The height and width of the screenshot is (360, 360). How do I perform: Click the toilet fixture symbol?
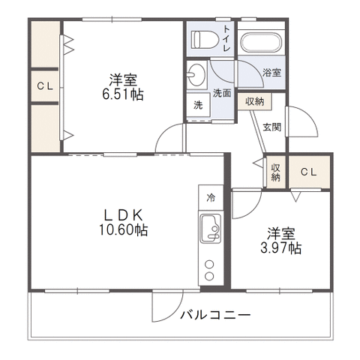(205, 40)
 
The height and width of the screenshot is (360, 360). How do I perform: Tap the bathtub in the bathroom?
(261, 43)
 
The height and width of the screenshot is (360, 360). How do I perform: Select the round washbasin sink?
(196, 74)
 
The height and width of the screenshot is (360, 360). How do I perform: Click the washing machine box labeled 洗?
(198, 105)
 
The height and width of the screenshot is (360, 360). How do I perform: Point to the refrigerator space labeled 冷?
(211, 198)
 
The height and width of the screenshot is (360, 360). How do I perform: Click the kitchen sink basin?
(211, 229)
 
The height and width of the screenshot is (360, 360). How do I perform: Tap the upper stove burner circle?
(209, 264)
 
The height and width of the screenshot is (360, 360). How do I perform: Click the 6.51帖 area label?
(123, 94)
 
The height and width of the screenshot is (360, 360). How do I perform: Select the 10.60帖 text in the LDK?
(124, 229)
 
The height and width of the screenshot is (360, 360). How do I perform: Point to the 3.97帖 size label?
(281, 248)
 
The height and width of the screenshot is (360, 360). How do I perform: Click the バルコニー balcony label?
(215, 315)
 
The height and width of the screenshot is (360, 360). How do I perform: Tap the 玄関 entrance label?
(272, 127)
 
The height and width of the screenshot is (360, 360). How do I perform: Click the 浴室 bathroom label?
(271, 73)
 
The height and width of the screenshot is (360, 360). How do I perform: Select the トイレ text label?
(226, 38)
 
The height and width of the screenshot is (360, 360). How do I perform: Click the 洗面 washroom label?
(222, 93)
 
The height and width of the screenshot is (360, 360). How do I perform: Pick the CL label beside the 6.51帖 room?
(45, 86)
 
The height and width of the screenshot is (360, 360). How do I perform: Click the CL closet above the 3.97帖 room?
(309, 172)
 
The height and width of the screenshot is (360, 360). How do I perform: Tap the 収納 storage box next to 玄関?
(254, 101)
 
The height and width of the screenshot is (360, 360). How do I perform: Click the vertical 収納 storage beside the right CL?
(276, 172)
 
